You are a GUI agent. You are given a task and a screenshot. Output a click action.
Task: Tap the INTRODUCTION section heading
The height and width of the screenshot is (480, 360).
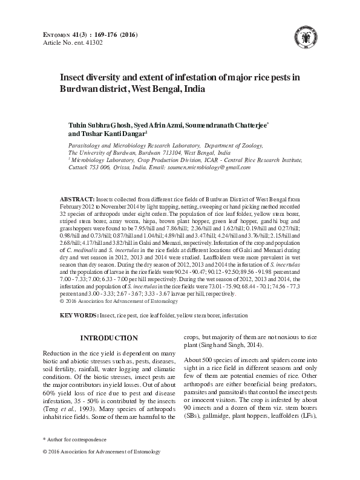point(110,337)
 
